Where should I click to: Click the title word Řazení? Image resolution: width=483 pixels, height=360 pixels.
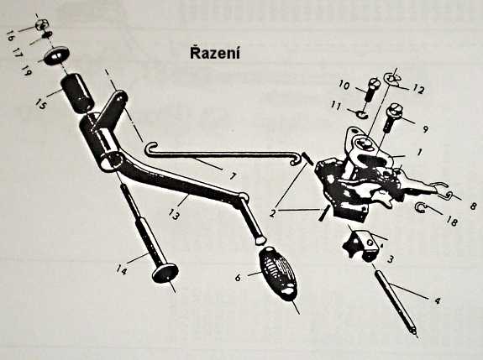(215, 53)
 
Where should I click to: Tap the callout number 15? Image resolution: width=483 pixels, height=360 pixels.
(40, 103)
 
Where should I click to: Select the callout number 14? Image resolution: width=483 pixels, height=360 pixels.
(121, 270)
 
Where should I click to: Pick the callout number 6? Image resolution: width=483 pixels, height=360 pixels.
(238, 278)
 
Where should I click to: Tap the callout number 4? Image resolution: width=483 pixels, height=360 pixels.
(438, 300)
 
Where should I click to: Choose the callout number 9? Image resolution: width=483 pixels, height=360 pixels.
(425, 129)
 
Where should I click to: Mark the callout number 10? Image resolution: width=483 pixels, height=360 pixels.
(344, 85)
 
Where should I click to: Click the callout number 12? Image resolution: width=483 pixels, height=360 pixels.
(419, 89)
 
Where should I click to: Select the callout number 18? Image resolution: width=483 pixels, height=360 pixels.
(452, 221)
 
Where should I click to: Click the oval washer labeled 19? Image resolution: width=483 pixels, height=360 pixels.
(56, 55)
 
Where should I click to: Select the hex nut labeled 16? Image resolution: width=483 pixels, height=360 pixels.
(40, 24)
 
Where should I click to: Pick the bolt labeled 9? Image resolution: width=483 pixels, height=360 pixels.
(391, 117)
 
